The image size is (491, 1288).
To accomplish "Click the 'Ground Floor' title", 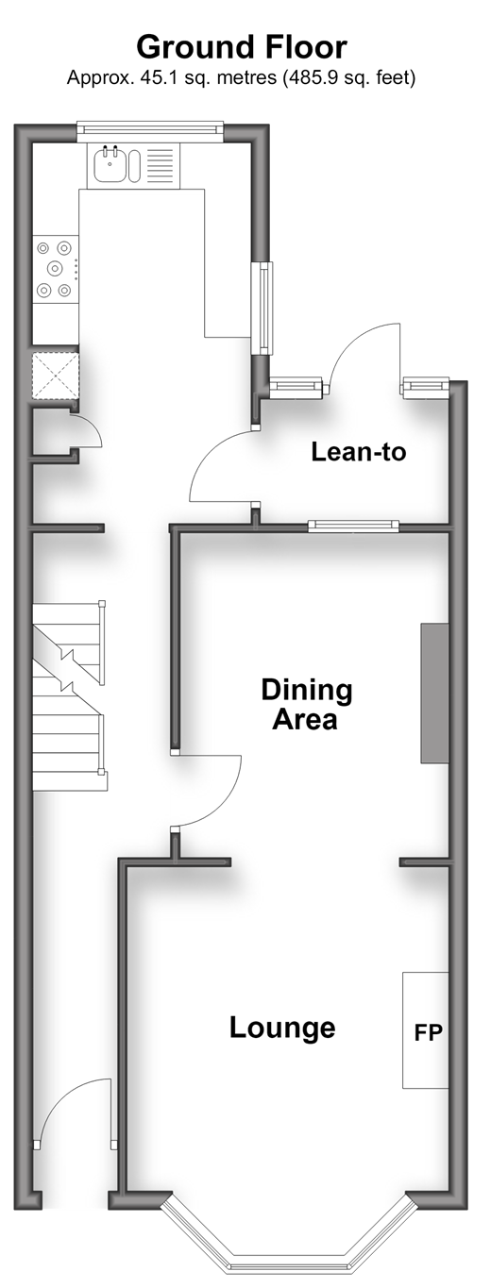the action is point(242,47).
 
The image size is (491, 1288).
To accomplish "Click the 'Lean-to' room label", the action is point(359,452).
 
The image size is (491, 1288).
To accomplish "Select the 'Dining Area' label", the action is point(306,704).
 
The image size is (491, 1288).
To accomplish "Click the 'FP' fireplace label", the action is point(429,1032).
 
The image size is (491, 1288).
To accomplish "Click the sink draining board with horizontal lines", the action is point(160,166).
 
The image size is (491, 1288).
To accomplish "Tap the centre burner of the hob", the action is point(55,267).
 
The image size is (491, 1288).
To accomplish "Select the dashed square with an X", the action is point(55,375).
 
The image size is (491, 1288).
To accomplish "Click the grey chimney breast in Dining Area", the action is point(434,694).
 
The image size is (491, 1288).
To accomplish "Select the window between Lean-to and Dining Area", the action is point(353,526).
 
